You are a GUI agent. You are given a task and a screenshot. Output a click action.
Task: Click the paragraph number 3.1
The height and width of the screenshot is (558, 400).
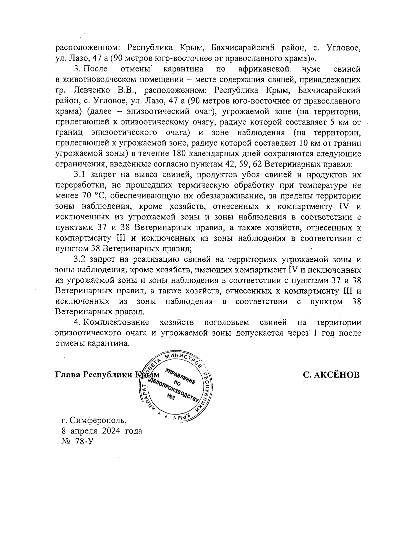(x=80, y=175)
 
